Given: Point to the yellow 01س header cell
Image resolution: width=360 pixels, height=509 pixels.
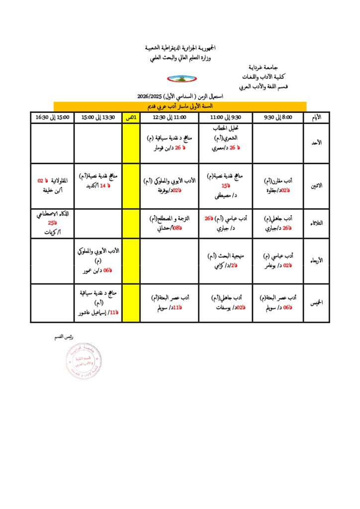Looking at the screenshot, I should point(131,117).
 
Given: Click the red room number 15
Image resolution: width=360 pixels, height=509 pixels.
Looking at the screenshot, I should point(225,186).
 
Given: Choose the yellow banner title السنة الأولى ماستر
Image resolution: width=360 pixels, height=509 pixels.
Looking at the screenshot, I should point(180,106).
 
